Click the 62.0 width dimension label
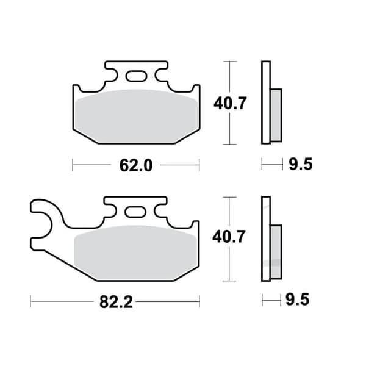136,165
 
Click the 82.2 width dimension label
116,302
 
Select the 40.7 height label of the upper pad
230,103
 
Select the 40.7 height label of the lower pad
229,237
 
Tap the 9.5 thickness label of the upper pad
301,164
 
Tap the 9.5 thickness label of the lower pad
298,300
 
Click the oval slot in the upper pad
136,76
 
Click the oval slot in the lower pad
135,212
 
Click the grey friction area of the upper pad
137,117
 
